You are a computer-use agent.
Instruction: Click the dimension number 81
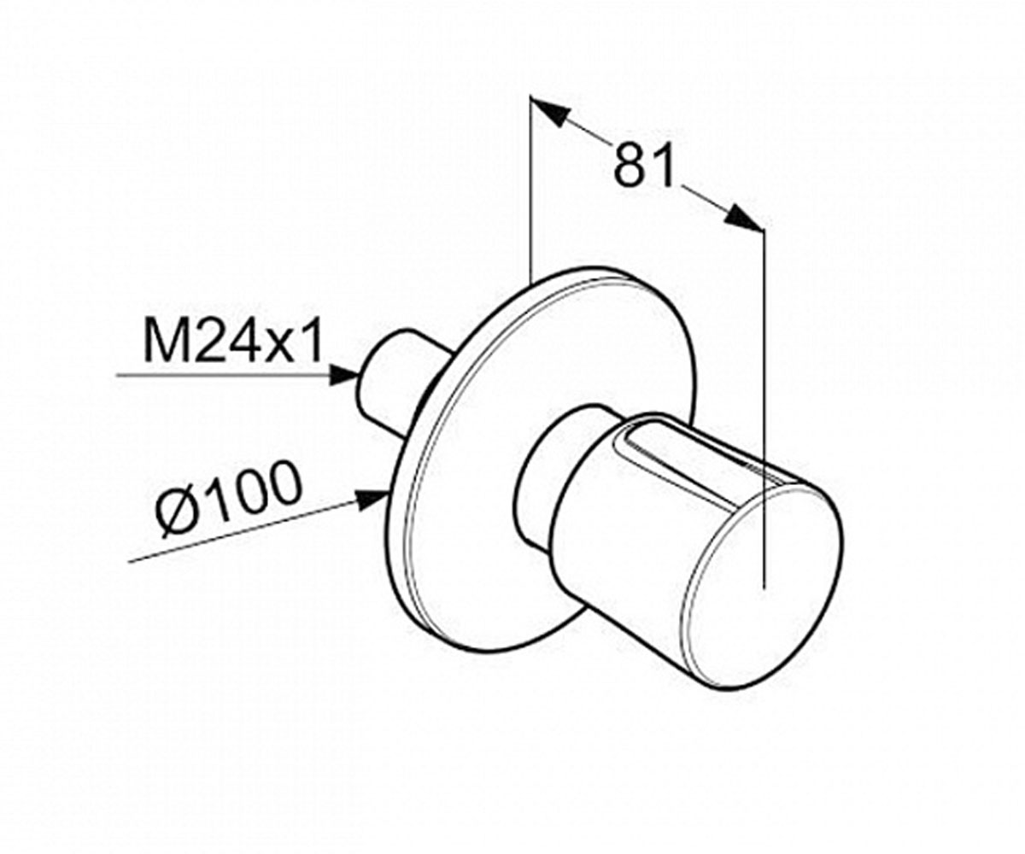click(x=645, y=166)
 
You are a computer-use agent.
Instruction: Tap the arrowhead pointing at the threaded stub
click(x=344, y=376)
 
